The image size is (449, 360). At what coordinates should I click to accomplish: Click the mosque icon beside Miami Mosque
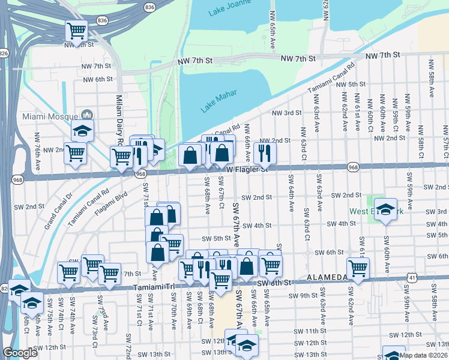click(86, 115)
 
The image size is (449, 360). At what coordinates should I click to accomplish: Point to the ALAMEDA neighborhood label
click(327, 277)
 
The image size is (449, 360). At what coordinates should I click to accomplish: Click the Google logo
click(20, 353)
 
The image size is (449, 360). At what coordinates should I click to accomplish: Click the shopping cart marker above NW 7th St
click(76, 29)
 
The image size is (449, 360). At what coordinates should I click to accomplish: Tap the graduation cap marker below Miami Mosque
click(82, 130)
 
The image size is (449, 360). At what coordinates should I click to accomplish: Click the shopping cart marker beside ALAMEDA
click(358, 269)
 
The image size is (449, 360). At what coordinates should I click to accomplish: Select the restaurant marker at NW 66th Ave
click(264, 152)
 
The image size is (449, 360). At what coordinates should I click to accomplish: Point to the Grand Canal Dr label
click(58, 212)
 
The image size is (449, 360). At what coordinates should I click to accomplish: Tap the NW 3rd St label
click(286, 113)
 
